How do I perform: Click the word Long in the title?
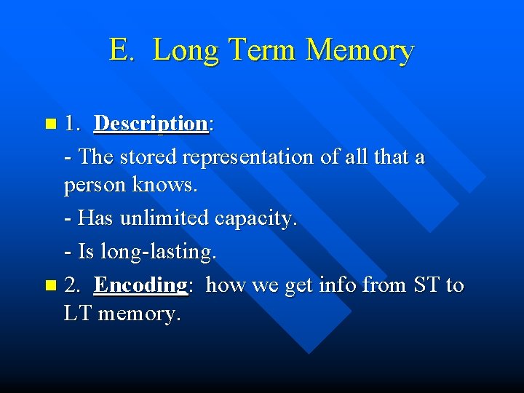[x=186, y=51]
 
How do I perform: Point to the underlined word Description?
[x=151, y=124]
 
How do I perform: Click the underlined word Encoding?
[x=141, y=285]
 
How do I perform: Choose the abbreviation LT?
[x=77, y=314]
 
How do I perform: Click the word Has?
[x=94, y=218]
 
